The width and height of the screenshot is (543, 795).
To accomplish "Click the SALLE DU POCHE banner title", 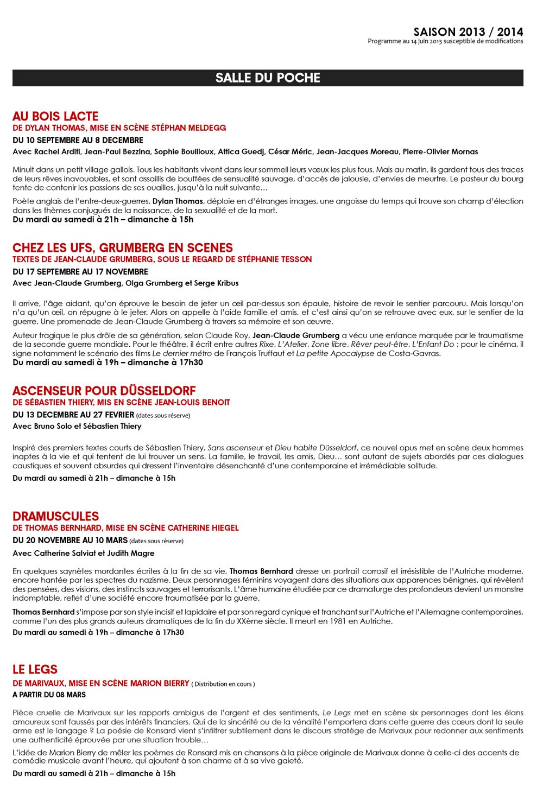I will (268, 78).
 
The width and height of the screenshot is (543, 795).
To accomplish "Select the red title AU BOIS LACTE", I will (55, 116).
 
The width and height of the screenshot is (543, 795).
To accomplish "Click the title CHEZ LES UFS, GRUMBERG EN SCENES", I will (123, 248).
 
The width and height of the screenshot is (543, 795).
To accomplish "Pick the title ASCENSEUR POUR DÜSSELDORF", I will (104, 391).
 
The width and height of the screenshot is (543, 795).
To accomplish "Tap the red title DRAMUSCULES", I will (56, 516).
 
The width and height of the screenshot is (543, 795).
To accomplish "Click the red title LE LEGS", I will (35, 670).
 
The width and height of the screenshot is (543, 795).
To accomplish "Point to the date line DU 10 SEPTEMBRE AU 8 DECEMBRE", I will (78, 140).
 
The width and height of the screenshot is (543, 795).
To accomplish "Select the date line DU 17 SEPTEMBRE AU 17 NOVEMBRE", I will (80, 271).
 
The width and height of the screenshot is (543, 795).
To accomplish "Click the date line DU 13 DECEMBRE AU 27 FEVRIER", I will (73, 415).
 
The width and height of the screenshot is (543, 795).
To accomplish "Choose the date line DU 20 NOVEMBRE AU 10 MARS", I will (70, 540).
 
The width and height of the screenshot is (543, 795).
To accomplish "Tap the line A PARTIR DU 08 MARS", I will (49, 695).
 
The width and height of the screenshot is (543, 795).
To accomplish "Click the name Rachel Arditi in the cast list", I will (57, 151).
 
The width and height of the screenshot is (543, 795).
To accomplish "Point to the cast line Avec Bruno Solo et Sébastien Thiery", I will (77, 426).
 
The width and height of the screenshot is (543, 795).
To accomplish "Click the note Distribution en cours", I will (224, 684).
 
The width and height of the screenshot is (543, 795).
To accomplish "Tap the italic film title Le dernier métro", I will (182, 353).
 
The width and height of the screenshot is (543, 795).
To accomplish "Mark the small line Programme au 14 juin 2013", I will (445, 41).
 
